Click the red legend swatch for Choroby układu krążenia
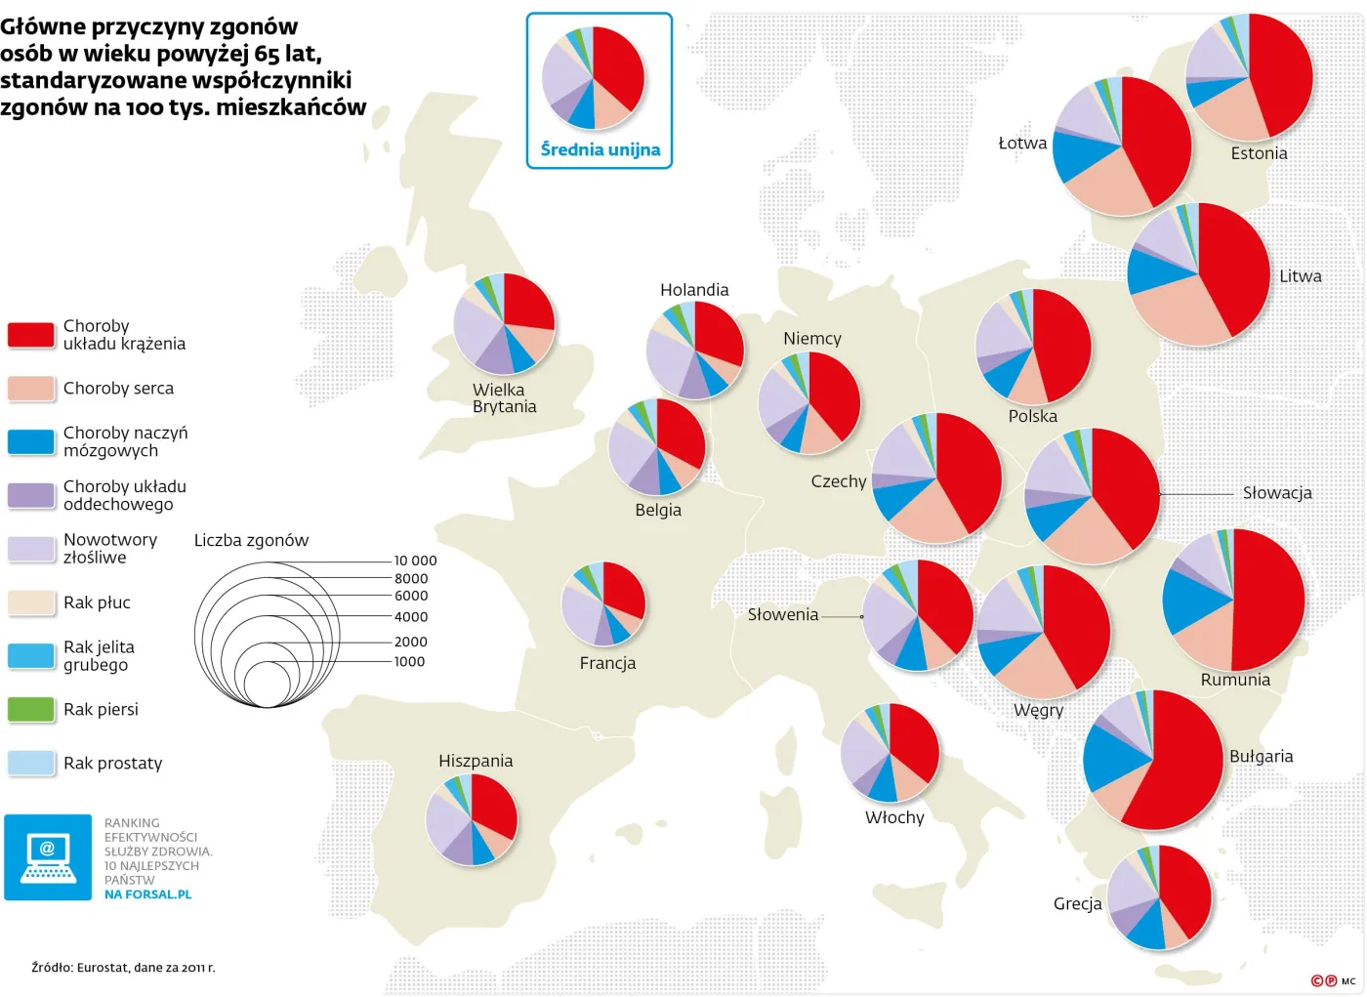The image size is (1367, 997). (x=30, y=335)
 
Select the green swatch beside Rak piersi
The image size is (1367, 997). (x=30, y=709)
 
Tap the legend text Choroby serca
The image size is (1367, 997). (x=118, y=389)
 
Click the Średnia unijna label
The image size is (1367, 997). (x=600, y=149)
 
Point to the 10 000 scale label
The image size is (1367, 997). (x=415, y=561)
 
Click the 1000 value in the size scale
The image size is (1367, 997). (x=409, y=662)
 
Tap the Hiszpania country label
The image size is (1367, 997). (x=476, y=761)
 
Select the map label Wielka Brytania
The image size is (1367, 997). (x=504, y=398)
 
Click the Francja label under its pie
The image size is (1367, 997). (x=607, y=663)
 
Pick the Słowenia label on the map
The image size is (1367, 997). (x=782, y=614)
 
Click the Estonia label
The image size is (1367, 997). (x=1259, y=153)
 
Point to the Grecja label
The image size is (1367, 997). (x=1077, y=904)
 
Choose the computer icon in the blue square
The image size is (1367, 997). (x=48, y=857)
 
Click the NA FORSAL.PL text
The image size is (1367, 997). (x=147, y=894)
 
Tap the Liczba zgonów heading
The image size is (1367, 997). (x=251, y=540)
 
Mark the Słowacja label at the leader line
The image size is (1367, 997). (x=1276, y=493)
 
